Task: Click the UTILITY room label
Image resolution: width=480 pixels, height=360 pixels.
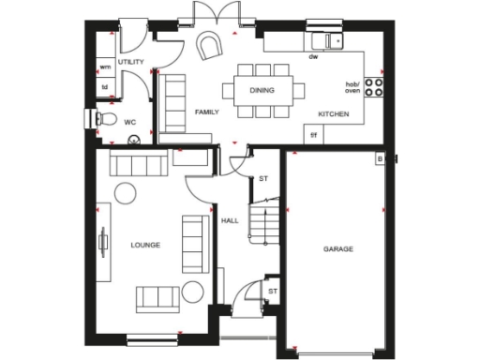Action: [x=130, y=61]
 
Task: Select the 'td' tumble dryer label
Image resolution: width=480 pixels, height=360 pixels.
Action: [x=104, y=88]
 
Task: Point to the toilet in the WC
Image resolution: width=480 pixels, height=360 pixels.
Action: [x=106, y=119]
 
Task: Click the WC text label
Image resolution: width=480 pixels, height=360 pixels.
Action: [x=130, y=121]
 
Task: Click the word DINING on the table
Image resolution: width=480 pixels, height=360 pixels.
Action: [x=262, y=90]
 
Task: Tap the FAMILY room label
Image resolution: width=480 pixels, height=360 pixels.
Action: [x=206, y=112]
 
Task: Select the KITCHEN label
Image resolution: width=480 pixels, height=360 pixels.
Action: [x=334, y=113]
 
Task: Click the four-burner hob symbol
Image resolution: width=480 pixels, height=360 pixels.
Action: [x=374, y=88]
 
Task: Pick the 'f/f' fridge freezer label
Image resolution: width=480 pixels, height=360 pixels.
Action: [x=313, y=135]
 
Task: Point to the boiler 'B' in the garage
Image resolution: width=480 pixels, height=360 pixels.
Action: [x=379, y=158]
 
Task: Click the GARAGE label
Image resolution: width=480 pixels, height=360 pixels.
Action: [x=338, y=249]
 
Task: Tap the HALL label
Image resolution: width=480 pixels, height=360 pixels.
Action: [x=230, y=221]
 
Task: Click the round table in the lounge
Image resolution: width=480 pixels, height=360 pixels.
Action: [x=125, y=194]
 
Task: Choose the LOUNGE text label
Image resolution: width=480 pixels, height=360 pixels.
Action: [x=145, y=246]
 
